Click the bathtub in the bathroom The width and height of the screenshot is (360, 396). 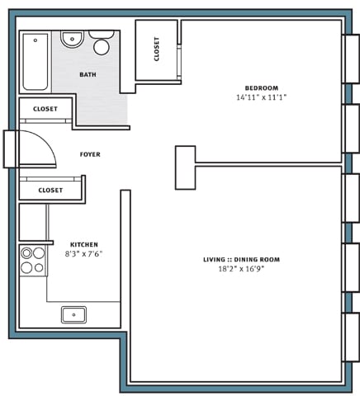(36, 62)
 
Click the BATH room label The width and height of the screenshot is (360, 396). (88, 75)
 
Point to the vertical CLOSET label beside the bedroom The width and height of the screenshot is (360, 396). (157, 49)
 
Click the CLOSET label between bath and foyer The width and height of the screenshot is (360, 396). (45, 109)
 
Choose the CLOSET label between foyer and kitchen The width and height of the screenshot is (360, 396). (50, 190)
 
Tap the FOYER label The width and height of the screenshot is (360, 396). (90, 154)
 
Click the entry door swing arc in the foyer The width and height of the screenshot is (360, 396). (45, 144)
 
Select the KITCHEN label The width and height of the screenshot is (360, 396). (84, 244)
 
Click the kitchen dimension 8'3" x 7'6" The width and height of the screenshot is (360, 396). (84, 254)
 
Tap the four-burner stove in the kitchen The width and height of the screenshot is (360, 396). (33, 260)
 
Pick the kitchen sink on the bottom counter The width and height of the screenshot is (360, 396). (73, 313)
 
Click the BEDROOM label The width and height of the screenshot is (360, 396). (261, 88)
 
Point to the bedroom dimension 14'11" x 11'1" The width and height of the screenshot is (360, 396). (261, 97)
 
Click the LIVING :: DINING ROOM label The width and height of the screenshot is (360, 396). (241, 260)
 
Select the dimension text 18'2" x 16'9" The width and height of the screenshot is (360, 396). (241, 269)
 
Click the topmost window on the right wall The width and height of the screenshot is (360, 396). (351, 59)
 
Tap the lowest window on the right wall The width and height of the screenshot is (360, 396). (351, 337)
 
